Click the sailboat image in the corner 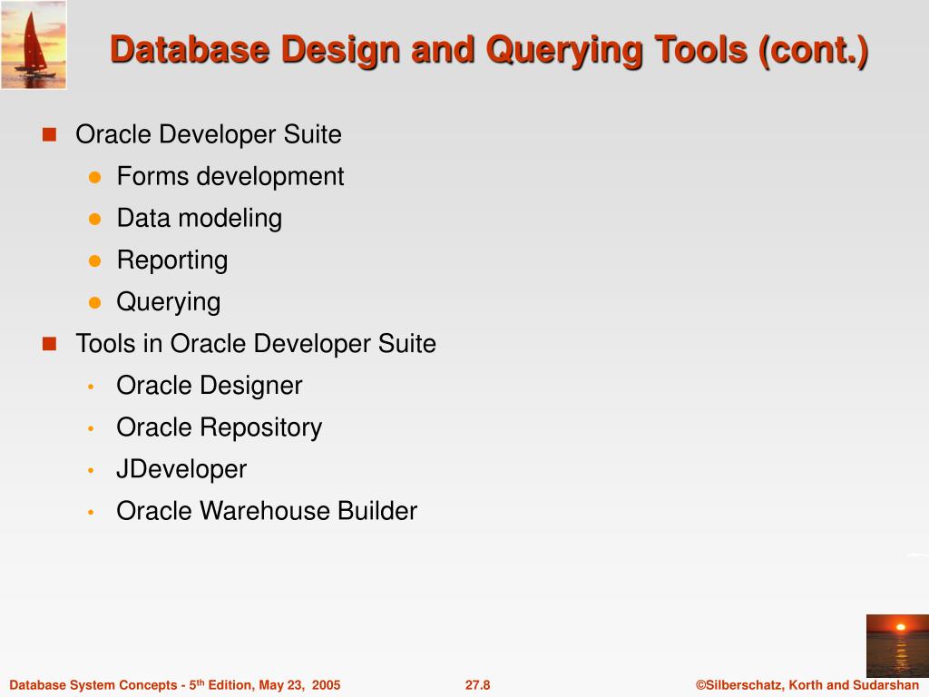(x=34, y=44)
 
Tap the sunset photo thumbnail (x=896, y=645)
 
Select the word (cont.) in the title (x=814, y=50)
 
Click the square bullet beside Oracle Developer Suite (x=49, y=134)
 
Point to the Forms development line (x=230, y=176)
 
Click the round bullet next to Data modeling (x=93, y=219)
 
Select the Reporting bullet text (x=172, y=260)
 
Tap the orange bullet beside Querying (x=93, y=302)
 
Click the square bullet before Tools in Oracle (x=49, y=344)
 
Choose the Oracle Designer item (x=209, y=386)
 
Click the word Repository (x=260, y=427)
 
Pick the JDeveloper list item (x=181, y=469)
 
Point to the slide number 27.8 (x=477, y=685)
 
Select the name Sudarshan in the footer (x=885, y=685)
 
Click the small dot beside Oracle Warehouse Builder (x=92, y=512)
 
